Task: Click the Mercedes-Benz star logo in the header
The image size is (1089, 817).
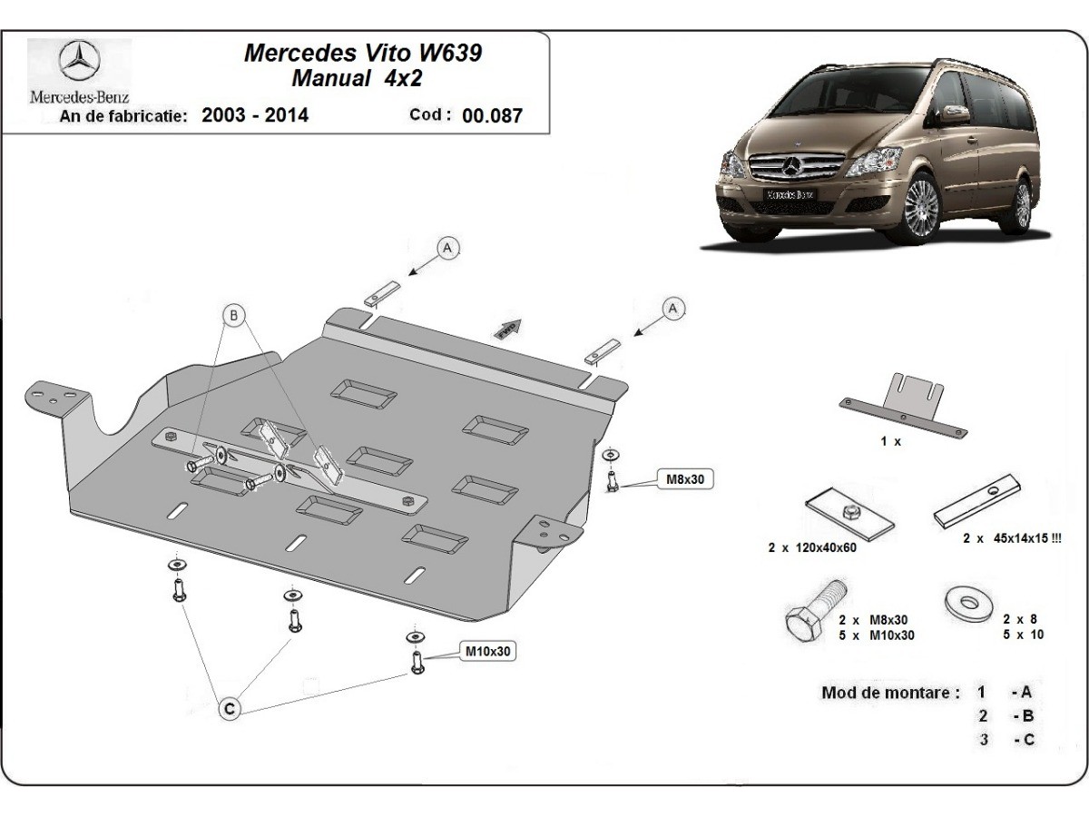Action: coord(79,62)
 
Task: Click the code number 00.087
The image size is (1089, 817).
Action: coord(492,116)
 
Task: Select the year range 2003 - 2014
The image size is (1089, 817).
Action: coord(255,115)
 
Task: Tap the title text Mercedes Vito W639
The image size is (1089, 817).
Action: coord(363,53)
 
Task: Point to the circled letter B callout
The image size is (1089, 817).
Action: coord(234,316)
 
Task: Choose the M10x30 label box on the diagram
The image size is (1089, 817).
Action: coord(489,651)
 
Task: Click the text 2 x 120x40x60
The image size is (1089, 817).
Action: coord(812,547)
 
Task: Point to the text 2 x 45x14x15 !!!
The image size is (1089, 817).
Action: coord(1013,538)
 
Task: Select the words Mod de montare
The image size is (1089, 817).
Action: coord(890,693)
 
